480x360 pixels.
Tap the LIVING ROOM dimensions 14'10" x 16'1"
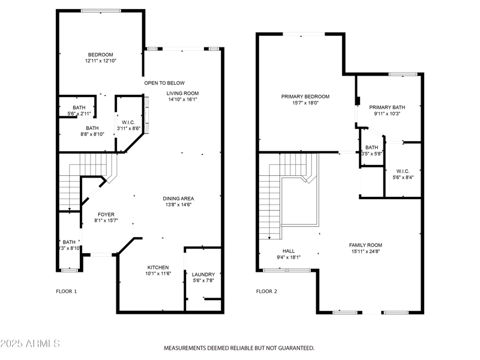(x=182, y=100)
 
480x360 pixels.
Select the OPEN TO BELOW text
(x=164, y=83)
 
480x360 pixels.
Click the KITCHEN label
(x=158, y=267)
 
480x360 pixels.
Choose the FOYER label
(x=106, y=214)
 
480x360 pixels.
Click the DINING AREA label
(x=178, y=199)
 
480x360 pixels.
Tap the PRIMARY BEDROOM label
(x=305, y=96)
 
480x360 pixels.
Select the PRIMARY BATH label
(x=388, y=107)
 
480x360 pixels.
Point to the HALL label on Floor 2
(x=288, y=251)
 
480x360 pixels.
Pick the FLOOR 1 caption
(x=67, y=292)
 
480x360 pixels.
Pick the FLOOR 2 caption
(x=266, y=292)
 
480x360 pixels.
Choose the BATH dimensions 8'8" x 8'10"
(x=92, y=134)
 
